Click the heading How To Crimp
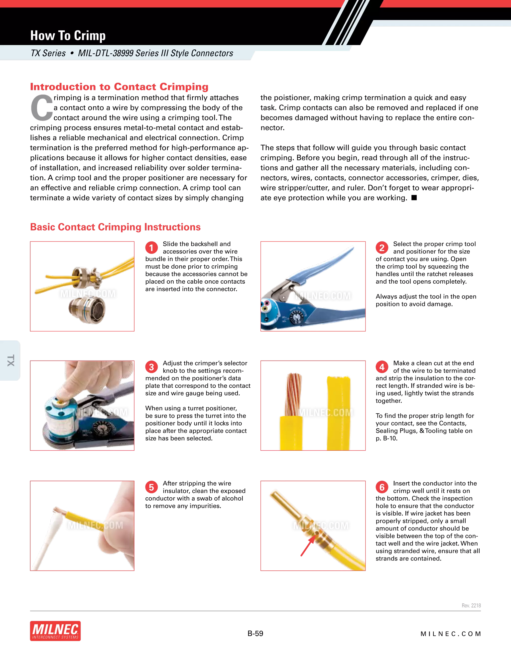click(68, 36)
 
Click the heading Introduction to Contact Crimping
click(119, 87)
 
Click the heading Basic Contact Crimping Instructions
click(115, 227)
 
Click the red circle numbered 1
click(151, 248)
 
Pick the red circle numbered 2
click(382, 248)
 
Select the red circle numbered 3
click(151, 367)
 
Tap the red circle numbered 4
click(382, 367)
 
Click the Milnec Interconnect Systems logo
click(55, 631)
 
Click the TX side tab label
click(10, 360)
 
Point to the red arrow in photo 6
click(307, 547)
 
